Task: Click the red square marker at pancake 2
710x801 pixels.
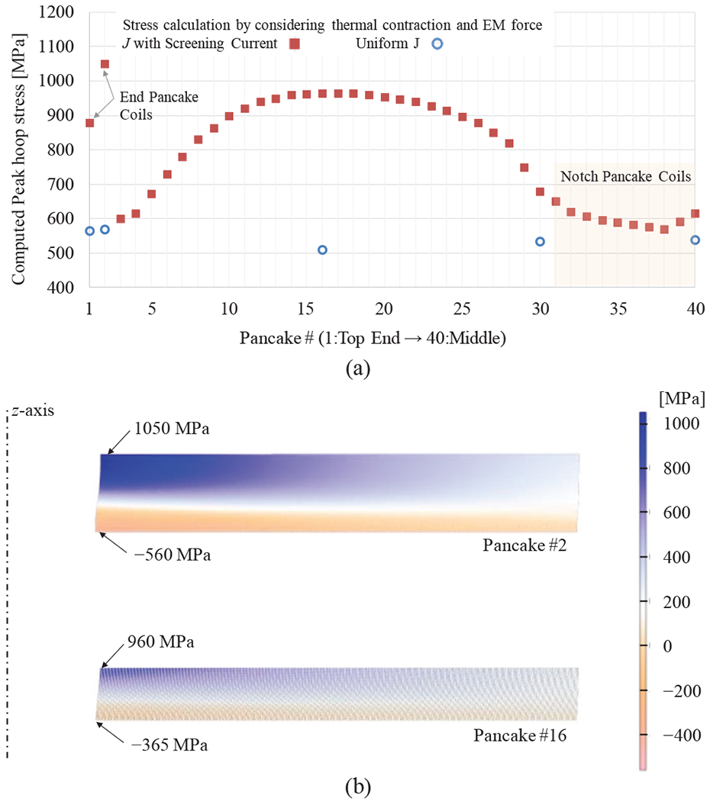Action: pyautogui.click(x=105, y=64)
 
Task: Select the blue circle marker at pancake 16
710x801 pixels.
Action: pyautogui.click(x=322, y=249)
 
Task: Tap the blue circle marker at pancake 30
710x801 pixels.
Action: pyautogui.click(x=540, y=241)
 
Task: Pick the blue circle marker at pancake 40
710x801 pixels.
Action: pyautogui.click(x=695, y=240)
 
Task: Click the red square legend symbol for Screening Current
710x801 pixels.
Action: pyautogui.click(x=295, y=44)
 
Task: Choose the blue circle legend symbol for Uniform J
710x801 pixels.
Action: pyautogui.click(x=437, y=44)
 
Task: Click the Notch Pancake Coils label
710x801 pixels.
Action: pyautogui.click(x=625, y=177)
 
